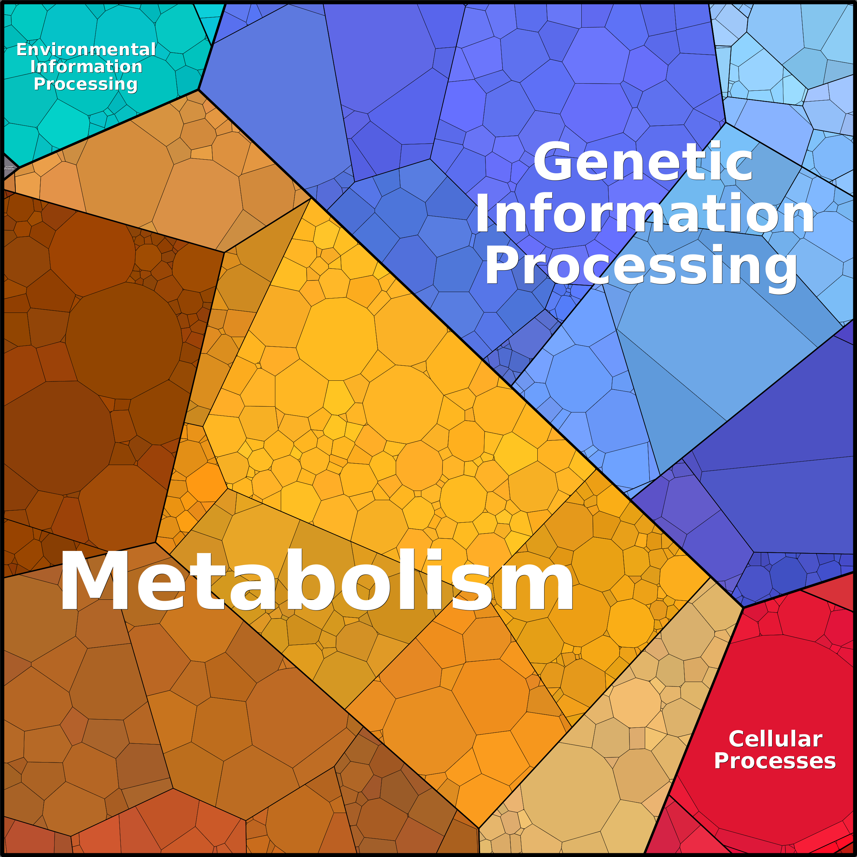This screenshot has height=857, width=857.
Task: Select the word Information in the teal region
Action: click(x=86, y=67)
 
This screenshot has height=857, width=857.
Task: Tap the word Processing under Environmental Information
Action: click(x=86, y=84)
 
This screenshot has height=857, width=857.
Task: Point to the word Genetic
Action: click(x=643, y=162)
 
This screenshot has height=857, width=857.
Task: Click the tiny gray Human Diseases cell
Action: click(x=8, y=168)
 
